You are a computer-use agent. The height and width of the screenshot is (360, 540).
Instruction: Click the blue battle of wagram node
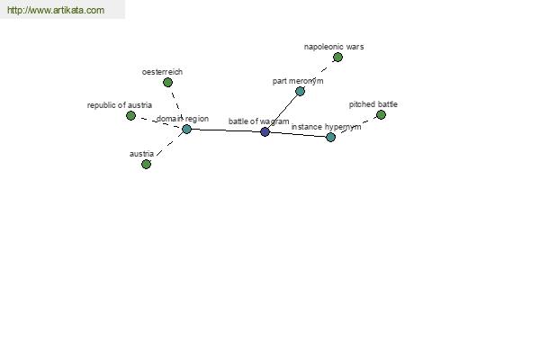tap(265, 131)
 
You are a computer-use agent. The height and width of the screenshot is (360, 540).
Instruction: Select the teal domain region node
tap(186, 130)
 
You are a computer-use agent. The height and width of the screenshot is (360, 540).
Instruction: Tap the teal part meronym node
tap(300, 91)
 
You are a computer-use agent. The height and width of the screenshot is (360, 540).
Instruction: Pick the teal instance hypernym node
tap(330, 137)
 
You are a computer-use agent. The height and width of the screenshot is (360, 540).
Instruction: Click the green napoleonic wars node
tap(337, 58)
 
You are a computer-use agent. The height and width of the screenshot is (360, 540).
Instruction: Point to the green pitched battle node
tap(381, 114)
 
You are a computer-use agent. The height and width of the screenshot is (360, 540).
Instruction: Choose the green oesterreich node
tap(167, 82)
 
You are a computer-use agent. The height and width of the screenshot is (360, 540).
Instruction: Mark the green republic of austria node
tap(130, 116)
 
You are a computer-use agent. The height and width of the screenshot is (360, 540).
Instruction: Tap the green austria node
tap(146, 165)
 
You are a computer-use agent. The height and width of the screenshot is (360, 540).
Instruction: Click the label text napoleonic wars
tap(334, 47)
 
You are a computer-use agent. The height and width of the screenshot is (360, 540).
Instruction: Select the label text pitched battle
tap(373, 104)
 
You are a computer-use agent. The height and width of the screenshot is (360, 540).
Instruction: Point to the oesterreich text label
tap(162, 72)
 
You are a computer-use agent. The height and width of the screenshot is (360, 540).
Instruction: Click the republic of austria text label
tap(120, 105)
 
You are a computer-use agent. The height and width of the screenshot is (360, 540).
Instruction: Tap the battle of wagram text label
tap(258, 121)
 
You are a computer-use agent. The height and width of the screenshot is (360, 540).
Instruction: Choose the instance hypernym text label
tap(326, 127)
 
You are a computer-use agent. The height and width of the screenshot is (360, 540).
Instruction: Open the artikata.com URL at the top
tap(56, 10)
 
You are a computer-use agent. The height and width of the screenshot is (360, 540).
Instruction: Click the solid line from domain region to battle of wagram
tap(226, 130)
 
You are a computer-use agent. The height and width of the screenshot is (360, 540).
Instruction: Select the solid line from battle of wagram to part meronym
tap(283, 112)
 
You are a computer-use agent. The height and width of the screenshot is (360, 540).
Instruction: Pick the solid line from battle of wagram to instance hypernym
tap(298, 134)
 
